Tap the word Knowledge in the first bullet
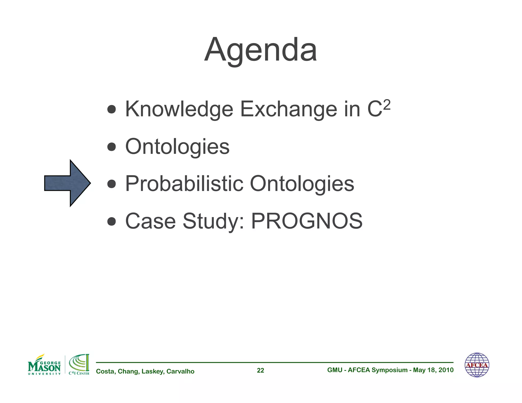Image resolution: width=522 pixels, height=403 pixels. point(179,110)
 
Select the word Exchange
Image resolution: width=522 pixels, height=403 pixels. point(289,110)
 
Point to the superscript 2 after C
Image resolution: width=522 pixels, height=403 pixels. point(386,105)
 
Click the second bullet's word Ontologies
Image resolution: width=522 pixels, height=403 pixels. point(177,147)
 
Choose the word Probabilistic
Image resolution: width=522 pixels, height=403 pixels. point(184,184)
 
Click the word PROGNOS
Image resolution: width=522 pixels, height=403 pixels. point(307,221)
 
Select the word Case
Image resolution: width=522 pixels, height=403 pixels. point(150,221)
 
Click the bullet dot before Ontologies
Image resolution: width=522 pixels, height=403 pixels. point(112,147)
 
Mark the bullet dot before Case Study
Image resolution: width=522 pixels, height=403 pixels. point(112,221)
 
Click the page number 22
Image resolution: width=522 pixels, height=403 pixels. point(260,370)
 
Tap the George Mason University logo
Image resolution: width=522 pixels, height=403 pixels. point(44,365)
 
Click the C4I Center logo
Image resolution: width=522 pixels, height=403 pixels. point(79,365)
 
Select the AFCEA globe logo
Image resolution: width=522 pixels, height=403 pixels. point(477,365)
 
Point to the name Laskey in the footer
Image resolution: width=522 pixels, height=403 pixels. point(153,371)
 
